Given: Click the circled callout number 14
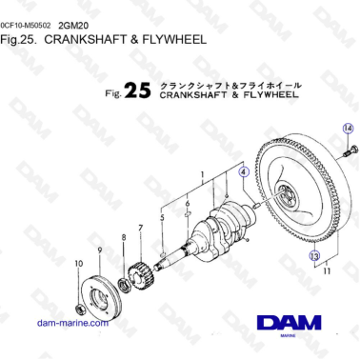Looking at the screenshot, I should click(x=347, y=128).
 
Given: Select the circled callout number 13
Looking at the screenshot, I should click(x=313, y=255).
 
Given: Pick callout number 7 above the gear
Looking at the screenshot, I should click(x=140, y=228).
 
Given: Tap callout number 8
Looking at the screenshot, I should click(x=122, y=236).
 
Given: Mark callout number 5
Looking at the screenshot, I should click(x=163, y=217).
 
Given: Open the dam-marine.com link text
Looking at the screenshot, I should click(x=71, y=323).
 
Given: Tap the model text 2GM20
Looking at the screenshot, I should click(x=71, y=24).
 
